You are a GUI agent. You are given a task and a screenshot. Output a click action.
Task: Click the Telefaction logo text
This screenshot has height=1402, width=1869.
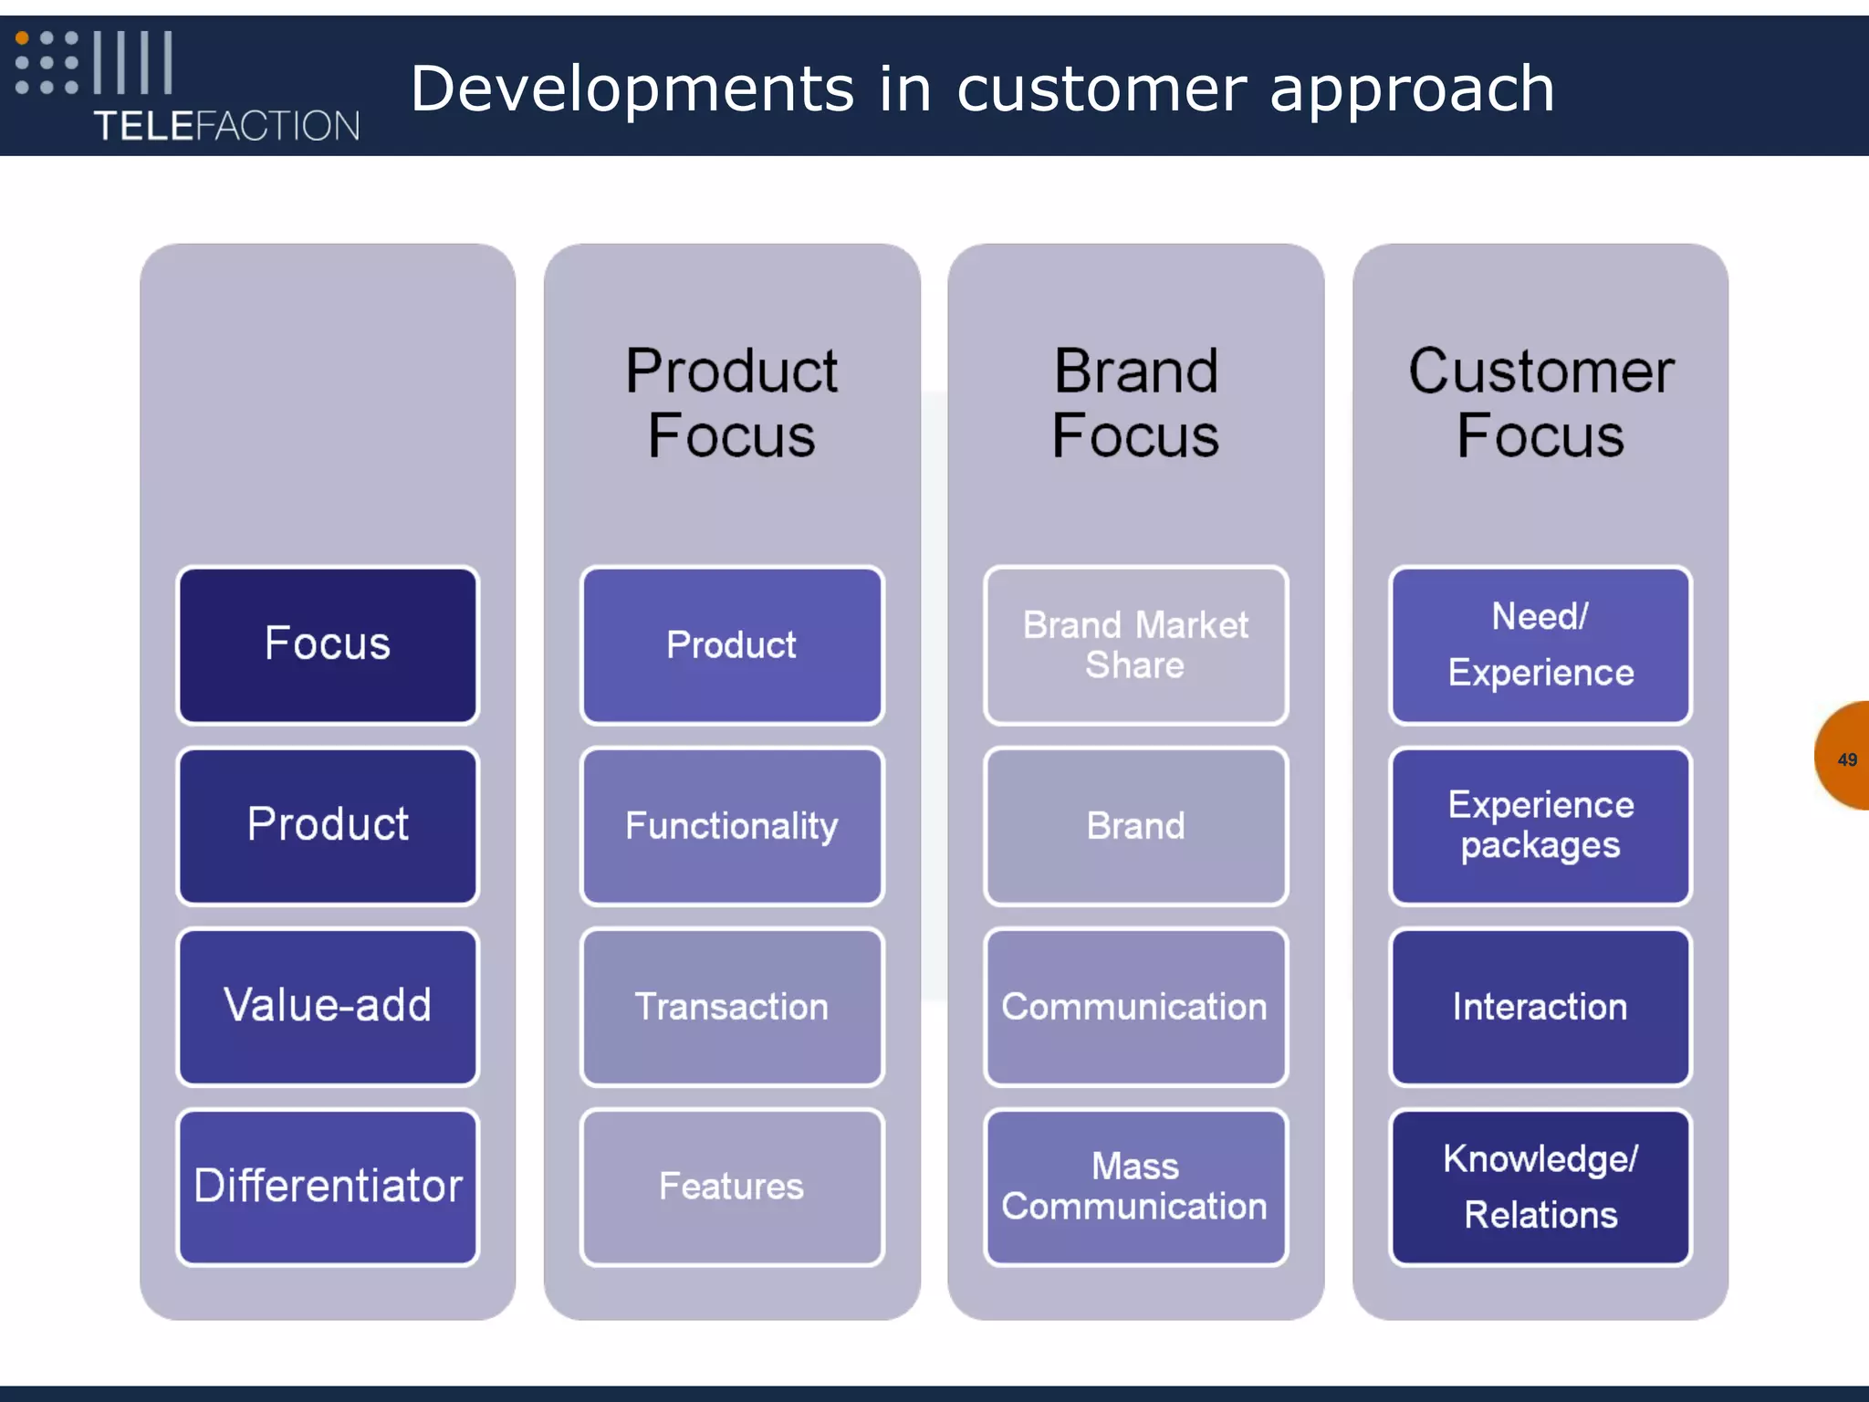[226, 126]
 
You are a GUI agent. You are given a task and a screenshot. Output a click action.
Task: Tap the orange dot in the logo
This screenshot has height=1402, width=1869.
[22, 38]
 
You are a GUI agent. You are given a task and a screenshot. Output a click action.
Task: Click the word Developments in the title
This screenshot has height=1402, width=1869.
[632, 89]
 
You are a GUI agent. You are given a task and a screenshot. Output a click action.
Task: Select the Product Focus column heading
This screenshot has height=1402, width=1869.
[731, 403]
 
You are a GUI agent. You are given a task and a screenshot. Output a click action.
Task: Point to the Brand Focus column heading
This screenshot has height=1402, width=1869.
[1135, 403]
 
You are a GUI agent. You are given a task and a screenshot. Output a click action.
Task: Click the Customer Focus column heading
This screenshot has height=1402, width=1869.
[1540, 403]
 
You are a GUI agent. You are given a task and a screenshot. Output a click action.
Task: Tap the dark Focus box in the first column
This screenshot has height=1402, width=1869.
[328, 644]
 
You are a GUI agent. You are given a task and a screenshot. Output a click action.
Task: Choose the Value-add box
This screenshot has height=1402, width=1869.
[328, 1006]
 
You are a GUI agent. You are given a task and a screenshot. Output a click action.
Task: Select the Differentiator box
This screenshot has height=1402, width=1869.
[328, 1187]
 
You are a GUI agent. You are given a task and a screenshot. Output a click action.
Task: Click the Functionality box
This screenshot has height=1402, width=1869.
[732, 826]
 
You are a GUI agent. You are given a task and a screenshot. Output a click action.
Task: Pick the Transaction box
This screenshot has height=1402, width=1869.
[732, 1007]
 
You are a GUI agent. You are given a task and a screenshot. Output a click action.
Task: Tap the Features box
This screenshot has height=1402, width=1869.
[732, 1187]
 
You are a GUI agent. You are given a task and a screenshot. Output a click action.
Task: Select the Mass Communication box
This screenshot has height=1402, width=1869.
[1135, 1187]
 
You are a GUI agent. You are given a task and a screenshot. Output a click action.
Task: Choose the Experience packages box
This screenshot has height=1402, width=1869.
[1540, 826]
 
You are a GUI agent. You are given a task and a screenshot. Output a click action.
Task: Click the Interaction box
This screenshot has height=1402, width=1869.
[1540, 1007]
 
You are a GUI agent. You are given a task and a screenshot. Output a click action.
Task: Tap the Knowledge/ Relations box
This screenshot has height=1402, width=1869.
[1540, 1187]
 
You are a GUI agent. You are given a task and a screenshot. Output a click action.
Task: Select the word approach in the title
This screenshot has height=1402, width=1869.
[1412, 89]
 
